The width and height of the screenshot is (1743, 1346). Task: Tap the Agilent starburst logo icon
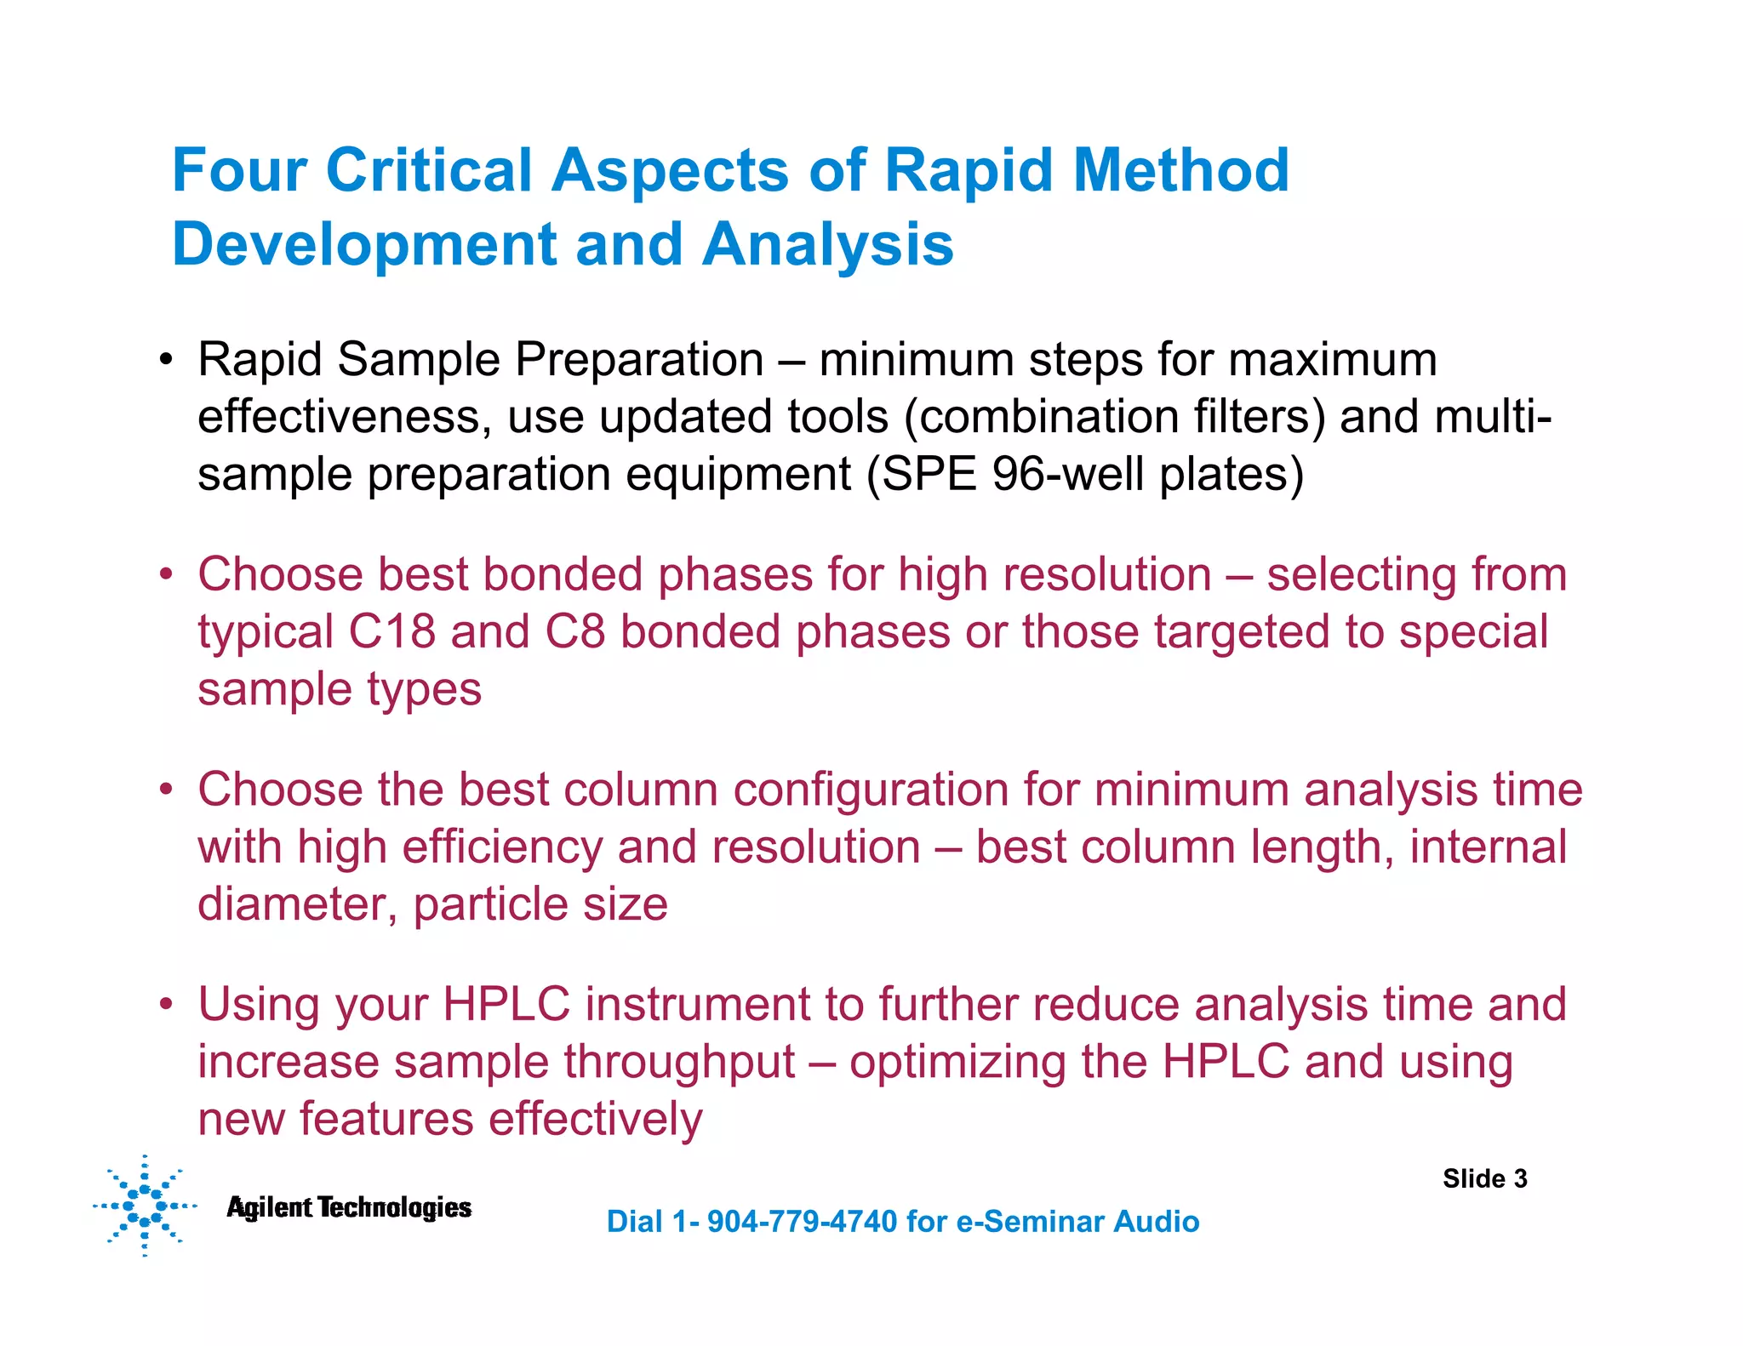tap(144, 1206)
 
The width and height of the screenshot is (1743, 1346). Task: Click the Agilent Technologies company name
tap(349, 1207)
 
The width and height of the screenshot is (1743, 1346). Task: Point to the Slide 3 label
tap(1484, 1178)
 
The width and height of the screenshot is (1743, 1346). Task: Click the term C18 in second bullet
tap(391, 632)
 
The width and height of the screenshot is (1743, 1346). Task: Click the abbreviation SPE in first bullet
tap(929, 474)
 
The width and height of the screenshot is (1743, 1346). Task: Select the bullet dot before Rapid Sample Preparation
tap(166, 360)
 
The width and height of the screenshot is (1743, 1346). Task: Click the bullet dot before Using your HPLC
tap(166, 1005)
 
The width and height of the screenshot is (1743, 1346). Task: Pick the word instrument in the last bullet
tap(698, 1005)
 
